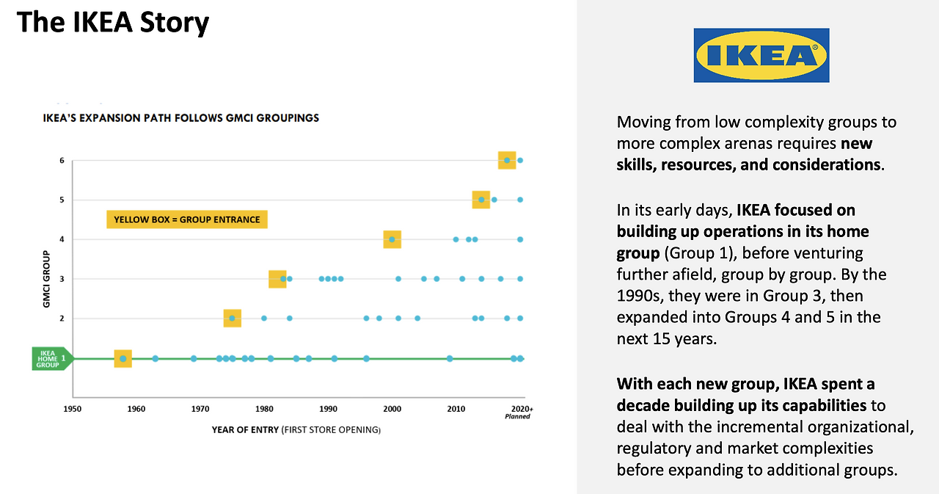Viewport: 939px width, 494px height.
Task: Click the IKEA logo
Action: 761,55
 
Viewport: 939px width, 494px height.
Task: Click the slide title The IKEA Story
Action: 112,23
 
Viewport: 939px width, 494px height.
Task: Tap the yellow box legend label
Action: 187,219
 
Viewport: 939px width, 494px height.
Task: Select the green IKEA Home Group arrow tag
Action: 52,358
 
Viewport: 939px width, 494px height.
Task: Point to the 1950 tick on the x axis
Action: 72,408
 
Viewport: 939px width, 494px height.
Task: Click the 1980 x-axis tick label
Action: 264,408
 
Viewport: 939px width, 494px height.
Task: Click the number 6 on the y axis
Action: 62,160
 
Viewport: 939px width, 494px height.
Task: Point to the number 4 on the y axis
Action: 62,239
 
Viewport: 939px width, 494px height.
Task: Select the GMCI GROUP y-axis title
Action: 45,278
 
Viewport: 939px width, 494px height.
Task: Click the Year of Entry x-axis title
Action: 296,429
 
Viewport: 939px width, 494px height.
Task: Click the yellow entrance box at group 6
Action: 507,160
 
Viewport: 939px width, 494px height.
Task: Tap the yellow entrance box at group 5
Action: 481,200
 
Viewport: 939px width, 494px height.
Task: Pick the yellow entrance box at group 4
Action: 392,239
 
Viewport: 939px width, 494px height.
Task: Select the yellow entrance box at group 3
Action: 277,279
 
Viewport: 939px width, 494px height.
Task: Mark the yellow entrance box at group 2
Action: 232,319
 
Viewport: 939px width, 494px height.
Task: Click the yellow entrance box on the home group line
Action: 123,359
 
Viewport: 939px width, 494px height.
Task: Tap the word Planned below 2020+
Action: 518,416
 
